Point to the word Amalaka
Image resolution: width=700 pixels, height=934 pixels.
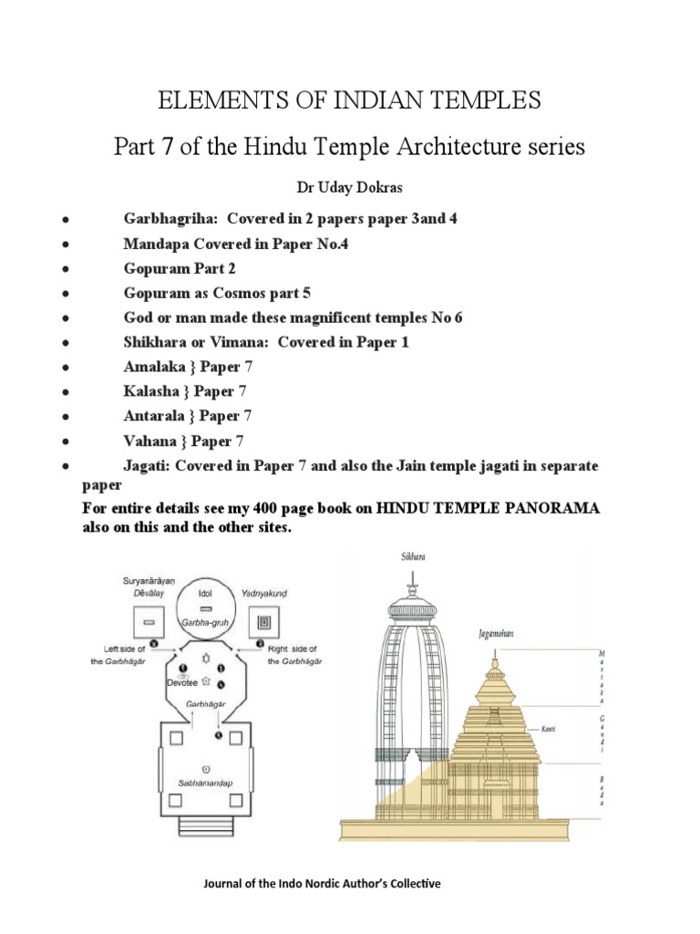pyautogui.click(x=152, y=368)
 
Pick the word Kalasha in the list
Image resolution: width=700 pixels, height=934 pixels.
pyautogui.click(x=149, y=392)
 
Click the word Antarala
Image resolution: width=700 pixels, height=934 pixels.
pyautogui.click(x=151, y=416)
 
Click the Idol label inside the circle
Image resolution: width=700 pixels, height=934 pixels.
pyautogui.click(x=207, y=591)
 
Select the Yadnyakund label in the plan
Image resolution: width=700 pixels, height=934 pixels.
pyautogui.click(x=265, y=593)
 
